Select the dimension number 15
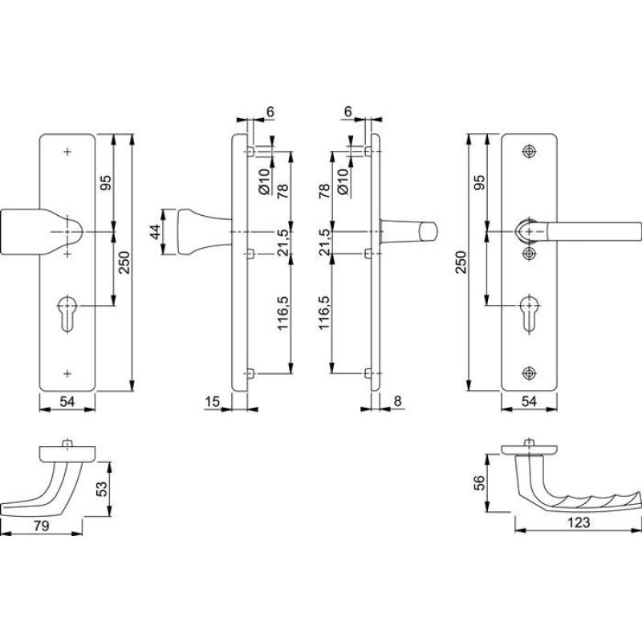coord(212,400)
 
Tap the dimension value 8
coord(397,400)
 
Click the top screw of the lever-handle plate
coord(527,151)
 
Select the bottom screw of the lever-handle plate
coord(527,373)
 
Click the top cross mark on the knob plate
coord(67,151)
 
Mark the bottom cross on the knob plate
coord(67,372)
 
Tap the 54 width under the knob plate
coord(67,400)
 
